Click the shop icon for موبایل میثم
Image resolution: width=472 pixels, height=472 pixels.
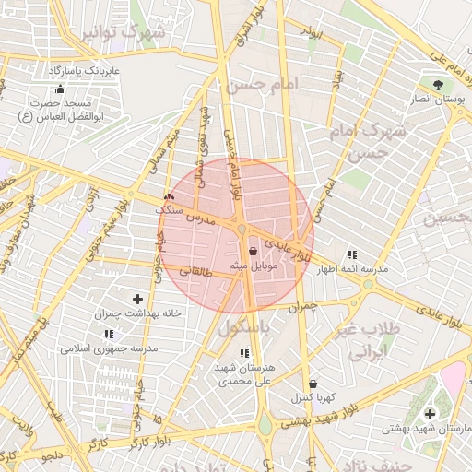point(253,249)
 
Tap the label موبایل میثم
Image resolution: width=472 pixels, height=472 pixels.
point(253,265)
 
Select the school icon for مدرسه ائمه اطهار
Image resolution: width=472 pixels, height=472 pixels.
point(351,254)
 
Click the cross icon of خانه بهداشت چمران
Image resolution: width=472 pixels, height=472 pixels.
point(138,299)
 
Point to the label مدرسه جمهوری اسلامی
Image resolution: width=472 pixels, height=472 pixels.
point(110,348)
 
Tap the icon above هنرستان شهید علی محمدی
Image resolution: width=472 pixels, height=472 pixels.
point(243,353)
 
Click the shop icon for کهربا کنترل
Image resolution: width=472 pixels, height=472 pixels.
point(313,383)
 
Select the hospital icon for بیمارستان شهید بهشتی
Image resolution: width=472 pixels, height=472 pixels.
point(430,414)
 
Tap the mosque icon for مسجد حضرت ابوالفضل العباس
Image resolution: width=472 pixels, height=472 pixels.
point(60,89)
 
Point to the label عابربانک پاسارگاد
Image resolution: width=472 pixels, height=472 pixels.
point(84,70)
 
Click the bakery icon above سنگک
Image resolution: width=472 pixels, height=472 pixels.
point(168,196)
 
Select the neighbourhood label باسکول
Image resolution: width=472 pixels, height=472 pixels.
point(245,327)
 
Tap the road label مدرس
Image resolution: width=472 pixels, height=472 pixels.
point(200,220)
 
